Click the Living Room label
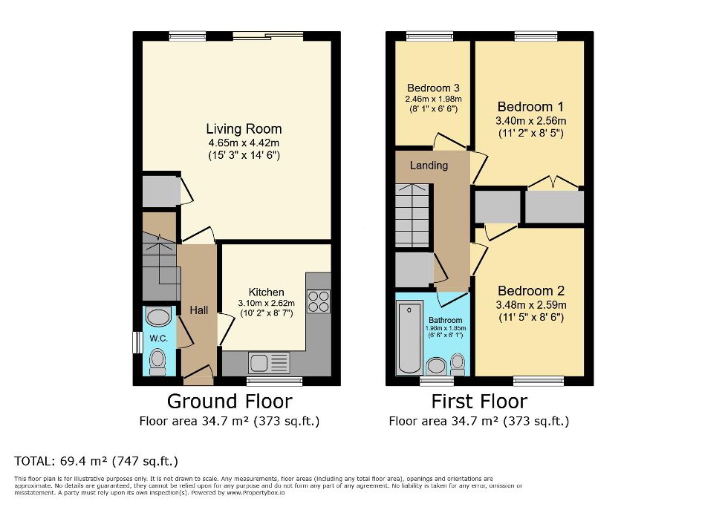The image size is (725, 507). point(244,129)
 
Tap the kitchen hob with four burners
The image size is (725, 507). point(319,301)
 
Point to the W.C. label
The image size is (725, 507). point(159,339)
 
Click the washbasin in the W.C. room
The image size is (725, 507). point(158,318)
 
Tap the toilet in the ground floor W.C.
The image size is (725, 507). point(157,361)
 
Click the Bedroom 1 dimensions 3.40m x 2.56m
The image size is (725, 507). point(530,121)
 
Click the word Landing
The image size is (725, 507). point(429,165)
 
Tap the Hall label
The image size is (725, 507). point(198,310)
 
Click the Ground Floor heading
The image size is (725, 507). point(229,402)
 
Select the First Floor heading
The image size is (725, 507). point(479,402)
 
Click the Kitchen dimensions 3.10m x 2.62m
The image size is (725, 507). point(266,303)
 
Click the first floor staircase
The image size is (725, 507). point(413,215)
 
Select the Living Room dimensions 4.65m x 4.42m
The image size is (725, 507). point(244,143)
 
